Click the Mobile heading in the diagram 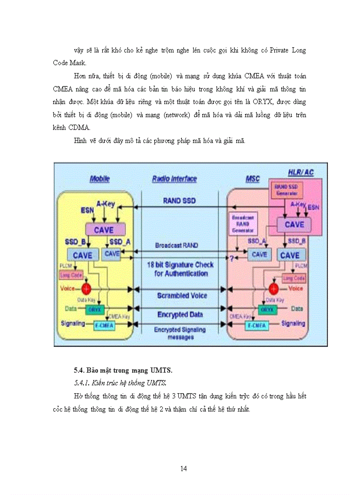click(100, 179)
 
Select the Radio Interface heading click(174, 179)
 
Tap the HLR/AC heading click(300, 172)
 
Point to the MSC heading click(252, 179)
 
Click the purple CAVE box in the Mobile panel click(103, 230)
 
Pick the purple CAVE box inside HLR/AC click(294, 224)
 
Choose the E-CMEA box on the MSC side click(257, 325)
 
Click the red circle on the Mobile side click(86, 289)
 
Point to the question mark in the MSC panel click(230, 257)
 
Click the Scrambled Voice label click(182, 295)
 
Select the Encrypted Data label click(180, 314)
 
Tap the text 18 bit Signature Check click(180, 265)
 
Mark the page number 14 click(184, 469)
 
